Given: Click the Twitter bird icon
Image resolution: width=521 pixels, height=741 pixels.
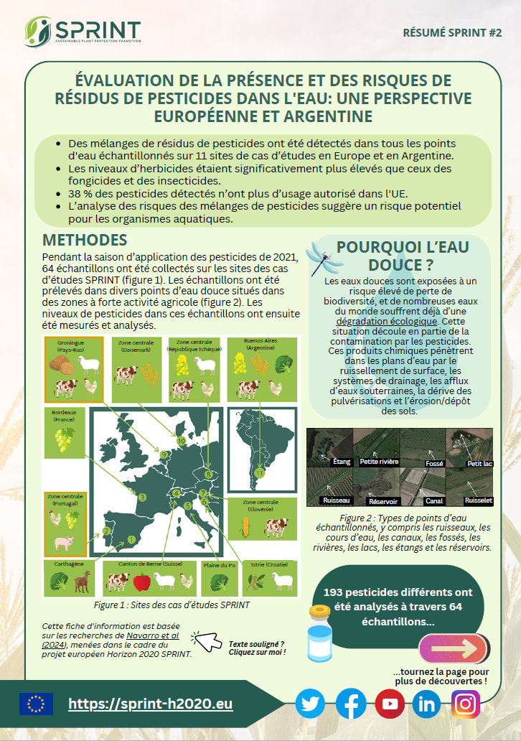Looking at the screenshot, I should [x=310, y=704].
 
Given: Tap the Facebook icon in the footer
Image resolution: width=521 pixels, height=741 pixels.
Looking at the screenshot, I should [x=351, y=704].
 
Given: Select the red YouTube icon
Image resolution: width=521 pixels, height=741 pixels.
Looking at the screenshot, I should [x=390, y=704].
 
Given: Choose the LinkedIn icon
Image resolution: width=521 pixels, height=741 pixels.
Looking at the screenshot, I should [x=428, y=704].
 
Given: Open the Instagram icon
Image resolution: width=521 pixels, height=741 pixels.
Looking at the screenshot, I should [x=466, y=704].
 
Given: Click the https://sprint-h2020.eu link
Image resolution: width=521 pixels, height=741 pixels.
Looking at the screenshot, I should [x=151, y=704].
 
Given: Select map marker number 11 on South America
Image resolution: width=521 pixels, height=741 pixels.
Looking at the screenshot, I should [x=260, y=474].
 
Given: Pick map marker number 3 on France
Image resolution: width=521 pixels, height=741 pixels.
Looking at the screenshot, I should [x=142, y=497].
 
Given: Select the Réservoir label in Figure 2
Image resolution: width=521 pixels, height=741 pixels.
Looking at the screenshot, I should [x=383, y=500].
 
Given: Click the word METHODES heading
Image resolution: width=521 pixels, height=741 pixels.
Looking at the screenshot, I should [x=85, y=240].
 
